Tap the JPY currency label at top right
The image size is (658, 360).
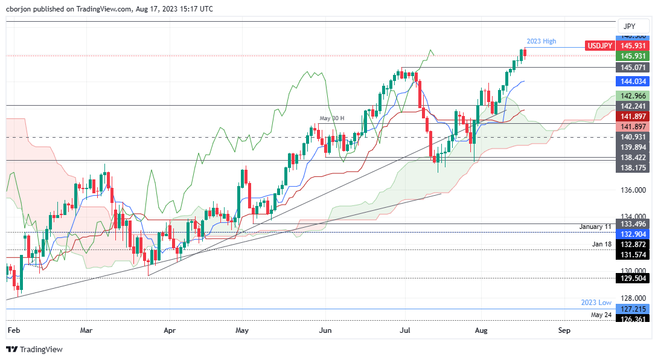point(628,27)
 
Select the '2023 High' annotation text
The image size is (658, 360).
point(541,41)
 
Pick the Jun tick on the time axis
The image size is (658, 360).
point(325,330)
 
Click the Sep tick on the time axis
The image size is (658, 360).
point(564,330)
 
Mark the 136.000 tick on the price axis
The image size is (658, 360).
point(633,190)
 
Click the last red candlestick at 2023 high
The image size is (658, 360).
point(525,53)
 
